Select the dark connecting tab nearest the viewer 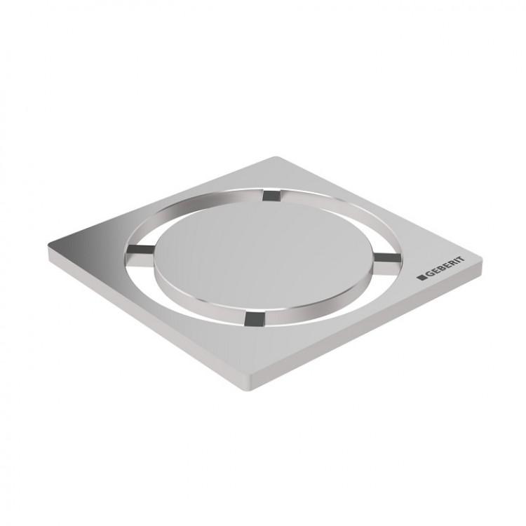coord(250,319)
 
